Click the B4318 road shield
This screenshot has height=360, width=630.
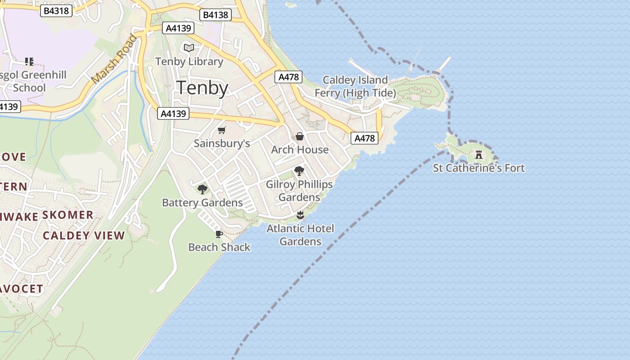56,11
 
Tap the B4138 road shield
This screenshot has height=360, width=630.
216,15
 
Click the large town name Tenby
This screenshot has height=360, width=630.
202,88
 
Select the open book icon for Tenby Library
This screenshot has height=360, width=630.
189,48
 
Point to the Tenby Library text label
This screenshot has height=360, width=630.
189,62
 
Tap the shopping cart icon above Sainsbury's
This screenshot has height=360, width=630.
221,130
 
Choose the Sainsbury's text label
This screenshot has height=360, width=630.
221,144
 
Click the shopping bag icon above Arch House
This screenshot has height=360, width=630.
300,136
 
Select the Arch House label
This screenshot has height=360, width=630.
300,149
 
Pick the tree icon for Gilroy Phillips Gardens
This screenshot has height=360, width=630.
299,171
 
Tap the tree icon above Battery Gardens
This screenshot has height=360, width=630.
202,189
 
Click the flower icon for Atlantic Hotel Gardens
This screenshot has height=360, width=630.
300,215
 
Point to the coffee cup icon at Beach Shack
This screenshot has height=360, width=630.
219,234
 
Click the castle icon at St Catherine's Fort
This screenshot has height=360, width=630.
479,155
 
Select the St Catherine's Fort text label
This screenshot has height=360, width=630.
479,168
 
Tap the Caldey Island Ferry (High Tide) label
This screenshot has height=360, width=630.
355,86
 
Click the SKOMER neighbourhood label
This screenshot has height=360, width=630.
67,215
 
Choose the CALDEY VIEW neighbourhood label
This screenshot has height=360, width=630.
84,235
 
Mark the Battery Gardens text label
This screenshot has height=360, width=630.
202,203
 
